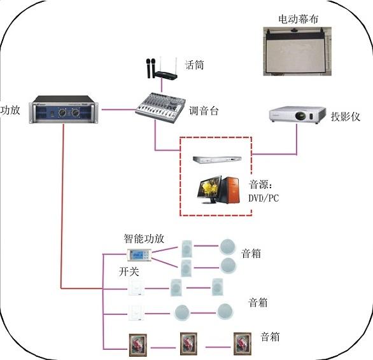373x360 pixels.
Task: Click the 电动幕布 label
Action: (298, 19)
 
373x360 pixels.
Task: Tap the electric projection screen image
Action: (297, 52)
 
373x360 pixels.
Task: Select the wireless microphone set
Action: (162, 68)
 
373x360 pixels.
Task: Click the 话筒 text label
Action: (194, 65)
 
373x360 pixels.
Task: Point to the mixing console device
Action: (160, 107)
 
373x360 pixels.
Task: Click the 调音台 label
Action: (204, 111)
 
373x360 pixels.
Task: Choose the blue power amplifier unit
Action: (64, 109)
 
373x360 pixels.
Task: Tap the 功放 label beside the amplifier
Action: (10, 110)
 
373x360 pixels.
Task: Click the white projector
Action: (297, 115)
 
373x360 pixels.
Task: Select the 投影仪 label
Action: (346, 116)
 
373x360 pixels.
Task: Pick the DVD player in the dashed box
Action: (218, 160)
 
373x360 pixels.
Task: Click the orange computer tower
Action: (230, 190)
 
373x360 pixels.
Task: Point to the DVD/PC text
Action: (264, 198)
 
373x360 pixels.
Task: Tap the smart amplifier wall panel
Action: (139, 255)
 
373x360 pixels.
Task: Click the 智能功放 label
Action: (144, 239)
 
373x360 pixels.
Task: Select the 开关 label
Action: (129, 272)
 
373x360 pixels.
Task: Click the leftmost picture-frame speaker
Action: (137, 345)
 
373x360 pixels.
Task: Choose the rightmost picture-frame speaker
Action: (243, 343)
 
